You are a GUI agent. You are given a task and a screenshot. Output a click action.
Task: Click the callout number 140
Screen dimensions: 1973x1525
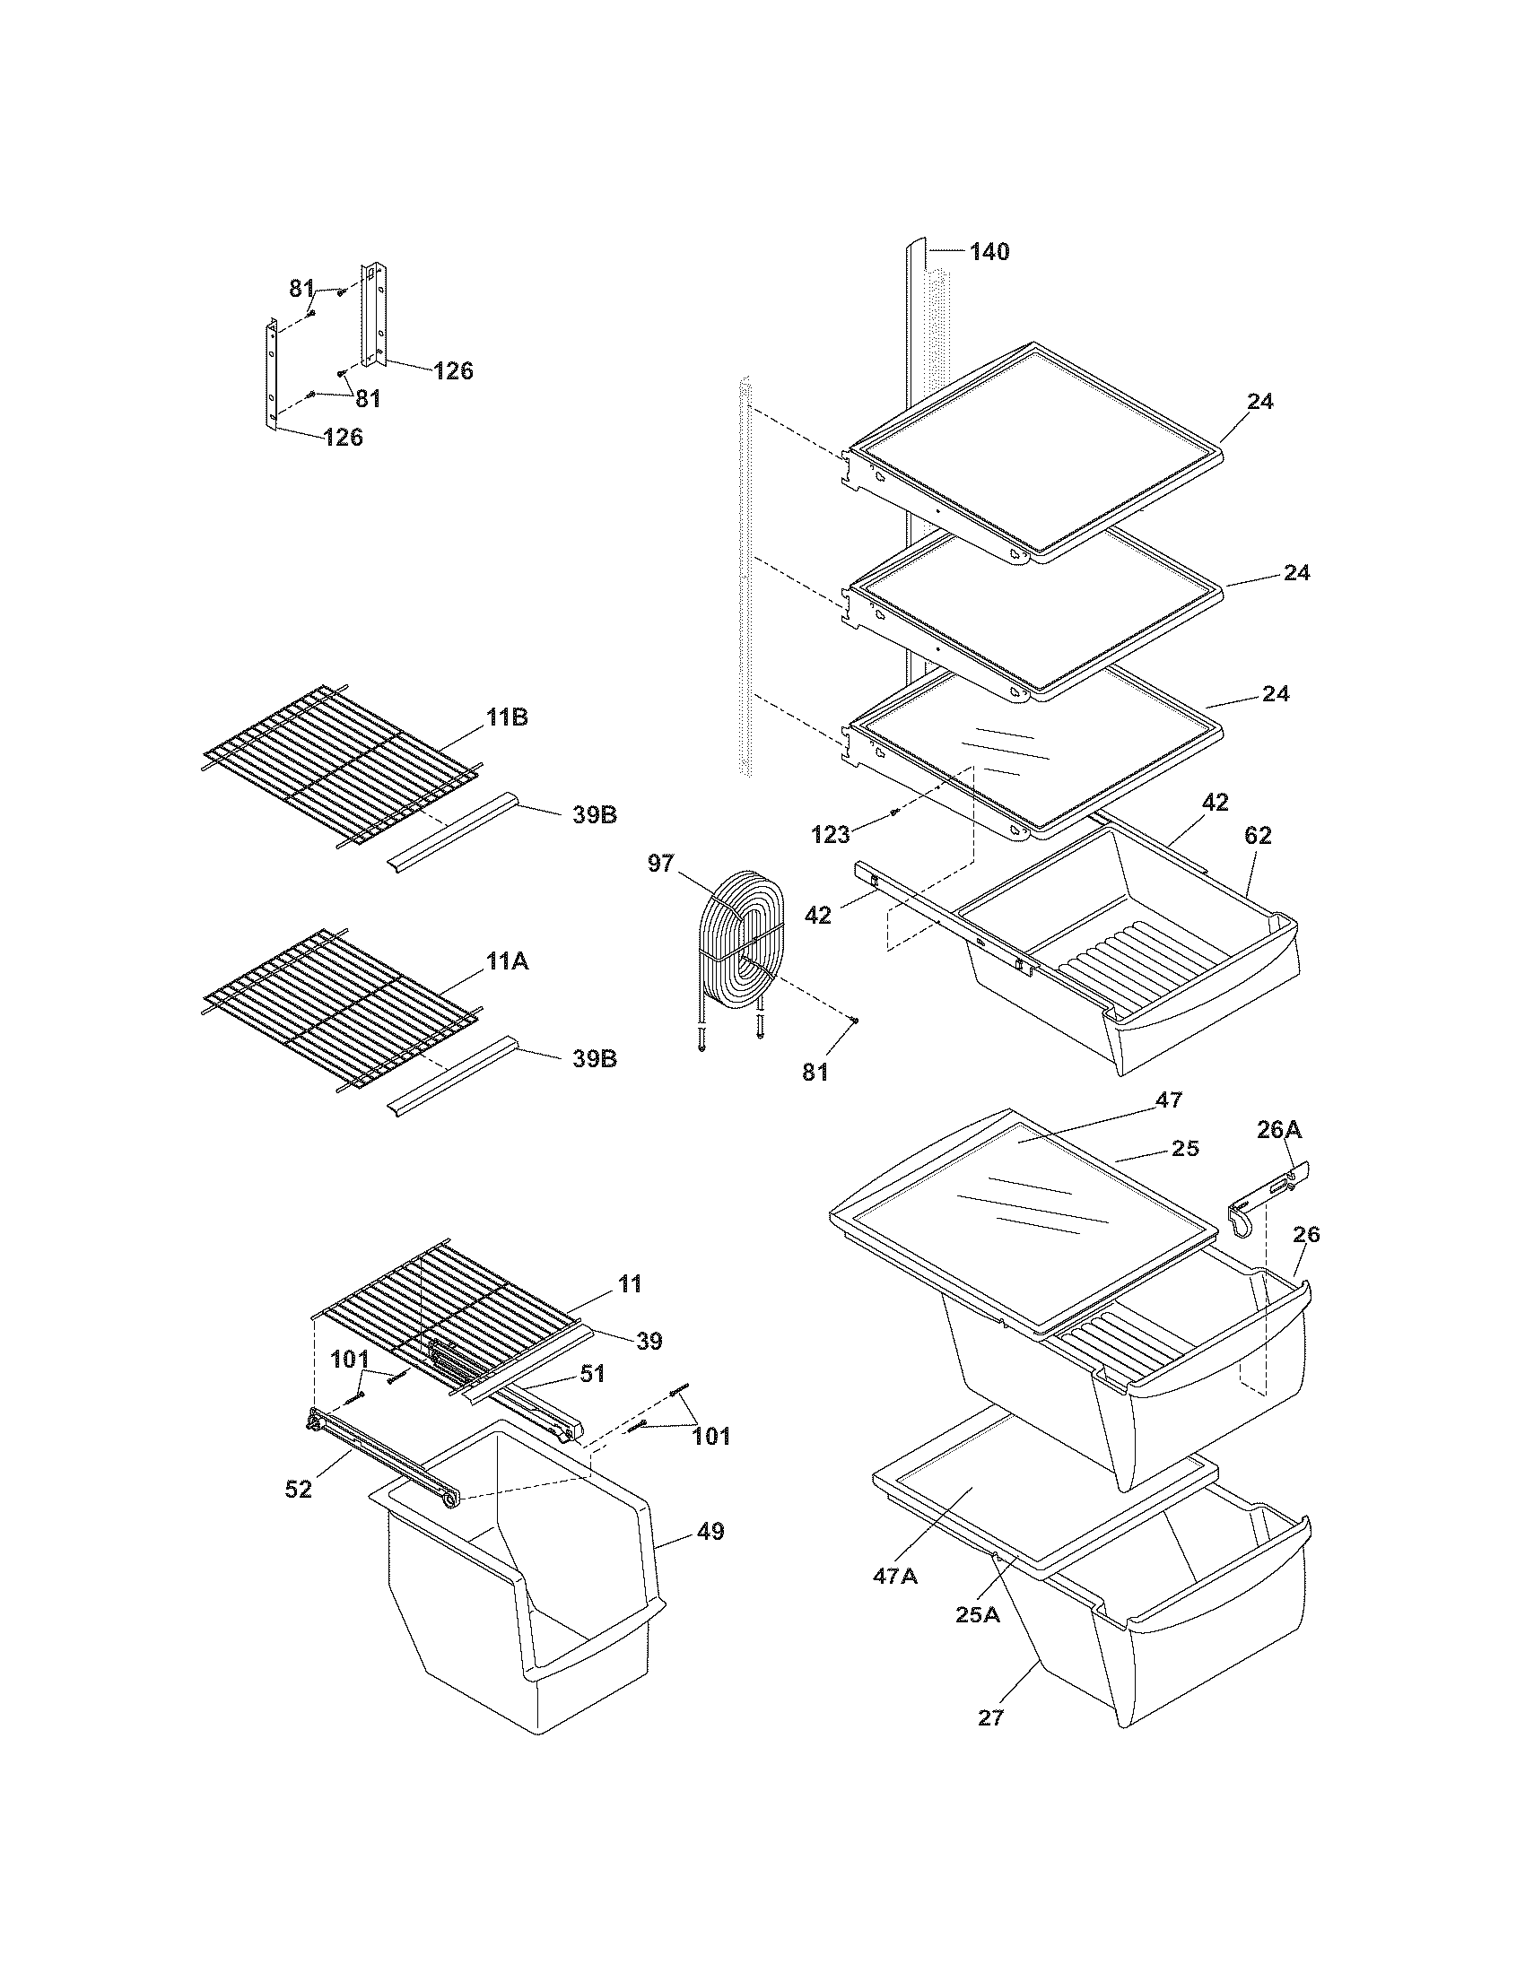tap(989, 252)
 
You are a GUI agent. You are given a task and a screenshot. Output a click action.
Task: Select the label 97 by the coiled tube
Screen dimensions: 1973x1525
tap(660, 864)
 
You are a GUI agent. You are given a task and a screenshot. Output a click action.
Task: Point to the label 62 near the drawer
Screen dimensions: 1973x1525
tap(1258, 836)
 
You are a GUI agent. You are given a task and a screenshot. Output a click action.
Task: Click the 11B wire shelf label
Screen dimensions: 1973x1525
tap(507, 717)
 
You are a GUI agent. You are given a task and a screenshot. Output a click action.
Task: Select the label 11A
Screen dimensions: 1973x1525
tap(507, 962)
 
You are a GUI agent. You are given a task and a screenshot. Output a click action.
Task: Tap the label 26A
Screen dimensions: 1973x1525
tap(1279, 1129)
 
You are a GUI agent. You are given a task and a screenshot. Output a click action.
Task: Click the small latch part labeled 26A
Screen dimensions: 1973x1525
tap(1265, 1198)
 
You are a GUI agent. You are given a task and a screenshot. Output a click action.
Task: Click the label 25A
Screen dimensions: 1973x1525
tap(978, 1614)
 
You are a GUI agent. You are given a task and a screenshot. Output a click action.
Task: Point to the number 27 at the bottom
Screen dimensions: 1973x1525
tap(990, 1717)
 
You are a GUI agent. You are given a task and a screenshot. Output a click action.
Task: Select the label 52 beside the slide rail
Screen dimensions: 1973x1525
tap(298, 1489)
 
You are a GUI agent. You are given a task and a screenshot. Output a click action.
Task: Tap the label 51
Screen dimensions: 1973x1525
tap(592, 1373)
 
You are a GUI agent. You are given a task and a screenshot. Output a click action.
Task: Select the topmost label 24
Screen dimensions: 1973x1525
tap(1259, 401)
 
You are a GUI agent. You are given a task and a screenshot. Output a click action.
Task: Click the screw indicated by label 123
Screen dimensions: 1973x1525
tap(893, 813)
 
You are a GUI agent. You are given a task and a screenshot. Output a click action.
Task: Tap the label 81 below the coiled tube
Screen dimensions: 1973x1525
tap(815, 1073)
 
